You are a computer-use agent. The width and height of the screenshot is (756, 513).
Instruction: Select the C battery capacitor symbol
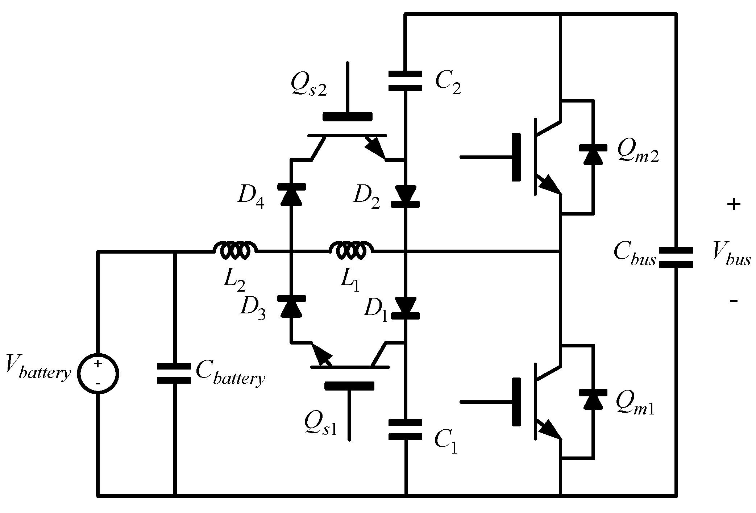(x=174, y=374)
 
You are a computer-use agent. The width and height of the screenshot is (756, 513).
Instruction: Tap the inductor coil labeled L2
(x=235, y=250)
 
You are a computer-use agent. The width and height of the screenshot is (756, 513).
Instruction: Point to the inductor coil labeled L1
(x=351, y=250)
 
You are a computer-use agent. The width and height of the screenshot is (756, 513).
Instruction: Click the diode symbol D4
(x=291, y=195)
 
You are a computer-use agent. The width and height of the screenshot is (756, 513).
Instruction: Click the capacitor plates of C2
(x=405, y=81)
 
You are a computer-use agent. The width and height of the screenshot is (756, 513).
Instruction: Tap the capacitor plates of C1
(x=405, y=430)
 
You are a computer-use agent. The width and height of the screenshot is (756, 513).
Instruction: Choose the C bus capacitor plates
(x=676, y=258)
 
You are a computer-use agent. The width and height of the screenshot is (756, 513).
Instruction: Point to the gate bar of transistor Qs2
(x=347, y=117)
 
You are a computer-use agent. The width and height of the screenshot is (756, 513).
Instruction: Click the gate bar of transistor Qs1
(x=349, y=386)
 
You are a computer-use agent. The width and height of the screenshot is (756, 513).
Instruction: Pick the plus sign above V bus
(x=734, y=205)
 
